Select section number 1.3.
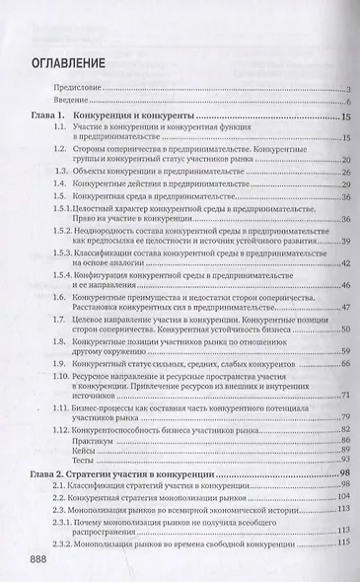point(87,171)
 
